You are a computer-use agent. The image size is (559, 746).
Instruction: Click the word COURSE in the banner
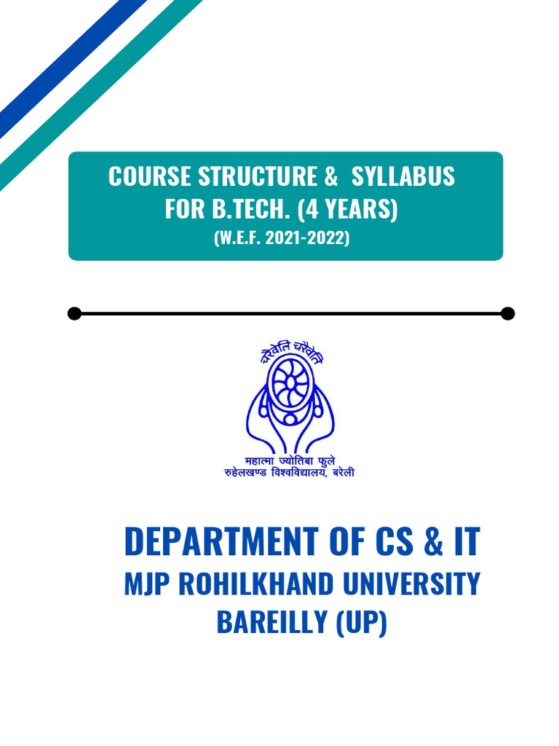pos(149,176)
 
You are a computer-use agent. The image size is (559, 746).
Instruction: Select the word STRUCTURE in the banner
pos(258,176)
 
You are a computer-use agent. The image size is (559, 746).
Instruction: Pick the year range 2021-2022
pos(314,238)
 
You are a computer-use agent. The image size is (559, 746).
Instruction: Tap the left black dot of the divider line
pos(74,313)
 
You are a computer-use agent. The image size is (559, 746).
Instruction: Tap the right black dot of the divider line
pos(508,313)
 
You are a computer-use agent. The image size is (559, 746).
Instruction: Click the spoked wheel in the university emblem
pos(289,382)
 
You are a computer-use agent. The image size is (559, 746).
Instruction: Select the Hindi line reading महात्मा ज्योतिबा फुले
pos(289,461)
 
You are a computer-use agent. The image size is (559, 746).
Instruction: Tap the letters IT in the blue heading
pos(464,541)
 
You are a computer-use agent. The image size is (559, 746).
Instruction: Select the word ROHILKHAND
pos(252,584)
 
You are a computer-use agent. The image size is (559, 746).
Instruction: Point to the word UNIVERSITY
pos(411,584)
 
